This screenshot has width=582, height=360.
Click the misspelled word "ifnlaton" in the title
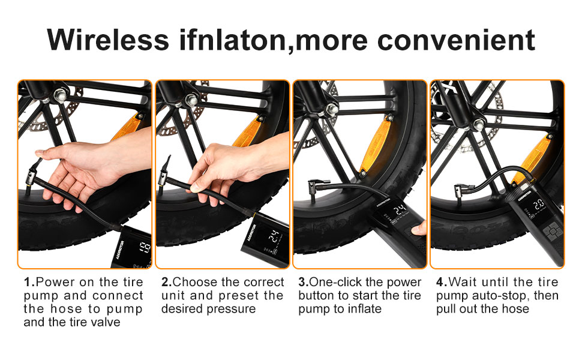232,40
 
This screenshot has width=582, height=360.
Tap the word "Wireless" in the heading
108,40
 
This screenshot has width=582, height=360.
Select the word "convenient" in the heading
456,40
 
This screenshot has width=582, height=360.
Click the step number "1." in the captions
29,282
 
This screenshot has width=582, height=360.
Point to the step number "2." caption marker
167,282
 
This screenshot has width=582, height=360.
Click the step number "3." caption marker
304,282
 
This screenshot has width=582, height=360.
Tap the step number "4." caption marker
442,282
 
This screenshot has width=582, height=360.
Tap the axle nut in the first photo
61,95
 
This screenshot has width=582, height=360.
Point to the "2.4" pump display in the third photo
400,211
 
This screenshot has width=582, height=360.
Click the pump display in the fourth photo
538,205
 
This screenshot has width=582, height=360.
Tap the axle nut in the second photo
191,100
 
